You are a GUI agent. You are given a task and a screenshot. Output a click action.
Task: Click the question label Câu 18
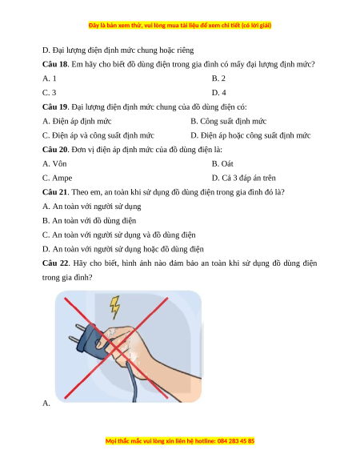click(55, 64)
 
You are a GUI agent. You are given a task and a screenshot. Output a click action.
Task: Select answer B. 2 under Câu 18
click(218, 78)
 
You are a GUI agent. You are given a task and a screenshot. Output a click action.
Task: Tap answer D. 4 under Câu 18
click(219, 93)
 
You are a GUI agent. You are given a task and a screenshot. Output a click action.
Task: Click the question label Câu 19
click(55, 107)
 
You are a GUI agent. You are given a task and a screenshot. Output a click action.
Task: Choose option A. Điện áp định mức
click(77, 121)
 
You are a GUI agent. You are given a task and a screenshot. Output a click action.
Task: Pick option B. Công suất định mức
click(229, 121)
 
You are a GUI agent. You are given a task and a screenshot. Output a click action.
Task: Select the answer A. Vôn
click(54, 164)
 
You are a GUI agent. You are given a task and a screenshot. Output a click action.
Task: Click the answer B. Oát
click(222, 164)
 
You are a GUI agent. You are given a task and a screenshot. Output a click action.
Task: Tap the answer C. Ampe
click(57, 178)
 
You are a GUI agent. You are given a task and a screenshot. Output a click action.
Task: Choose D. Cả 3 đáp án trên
click(243, 178)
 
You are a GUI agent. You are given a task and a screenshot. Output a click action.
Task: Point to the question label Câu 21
click(55, 192)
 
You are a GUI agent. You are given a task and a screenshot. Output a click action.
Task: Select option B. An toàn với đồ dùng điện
click(89, 221)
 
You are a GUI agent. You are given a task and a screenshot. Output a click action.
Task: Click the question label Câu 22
click(55, 263)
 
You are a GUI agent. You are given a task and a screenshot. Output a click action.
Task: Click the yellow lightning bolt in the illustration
click(115, 307)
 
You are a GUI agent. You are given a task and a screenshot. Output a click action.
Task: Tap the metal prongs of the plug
click(78, 333)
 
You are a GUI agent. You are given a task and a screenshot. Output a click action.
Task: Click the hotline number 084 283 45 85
click(236, 441)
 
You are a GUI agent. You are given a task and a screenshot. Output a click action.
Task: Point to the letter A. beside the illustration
click(46, 404)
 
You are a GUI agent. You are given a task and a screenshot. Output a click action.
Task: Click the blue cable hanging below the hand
click(131, 384)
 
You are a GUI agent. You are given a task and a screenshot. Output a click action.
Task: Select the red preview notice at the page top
click(180, 26)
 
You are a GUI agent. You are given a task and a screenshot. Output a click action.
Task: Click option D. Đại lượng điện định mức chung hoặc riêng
click(118, 50)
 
